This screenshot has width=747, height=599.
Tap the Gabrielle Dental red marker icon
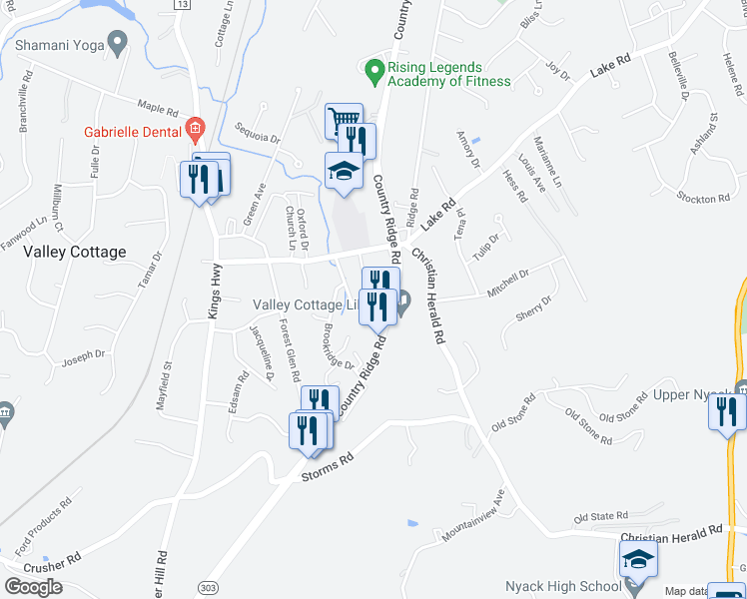[195, 129]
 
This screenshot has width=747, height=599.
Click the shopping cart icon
[343, 120]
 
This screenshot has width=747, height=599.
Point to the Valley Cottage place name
[75, 253]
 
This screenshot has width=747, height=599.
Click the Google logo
[33, 587]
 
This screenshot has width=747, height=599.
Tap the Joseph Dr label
[84, 355]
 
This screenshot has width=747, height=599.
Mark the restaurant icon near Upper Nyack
[727, 410]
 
